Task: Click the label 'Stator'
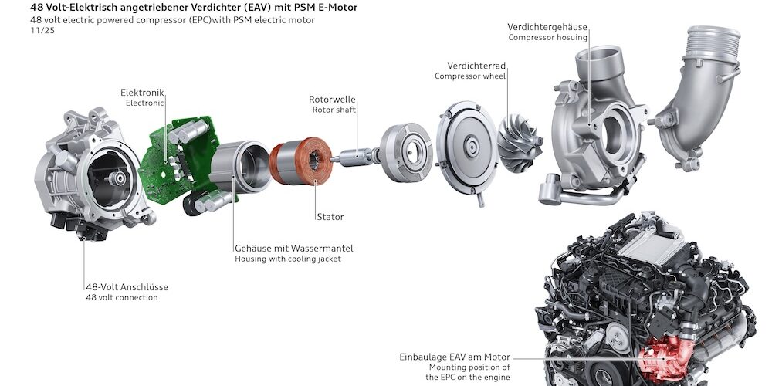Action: point(329,217)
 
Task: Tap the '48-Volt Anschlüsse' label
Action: point(127,287)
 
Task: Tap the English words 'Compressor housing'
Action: point(547,37)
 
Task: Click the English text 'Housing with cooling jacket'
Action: point(287,259)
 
